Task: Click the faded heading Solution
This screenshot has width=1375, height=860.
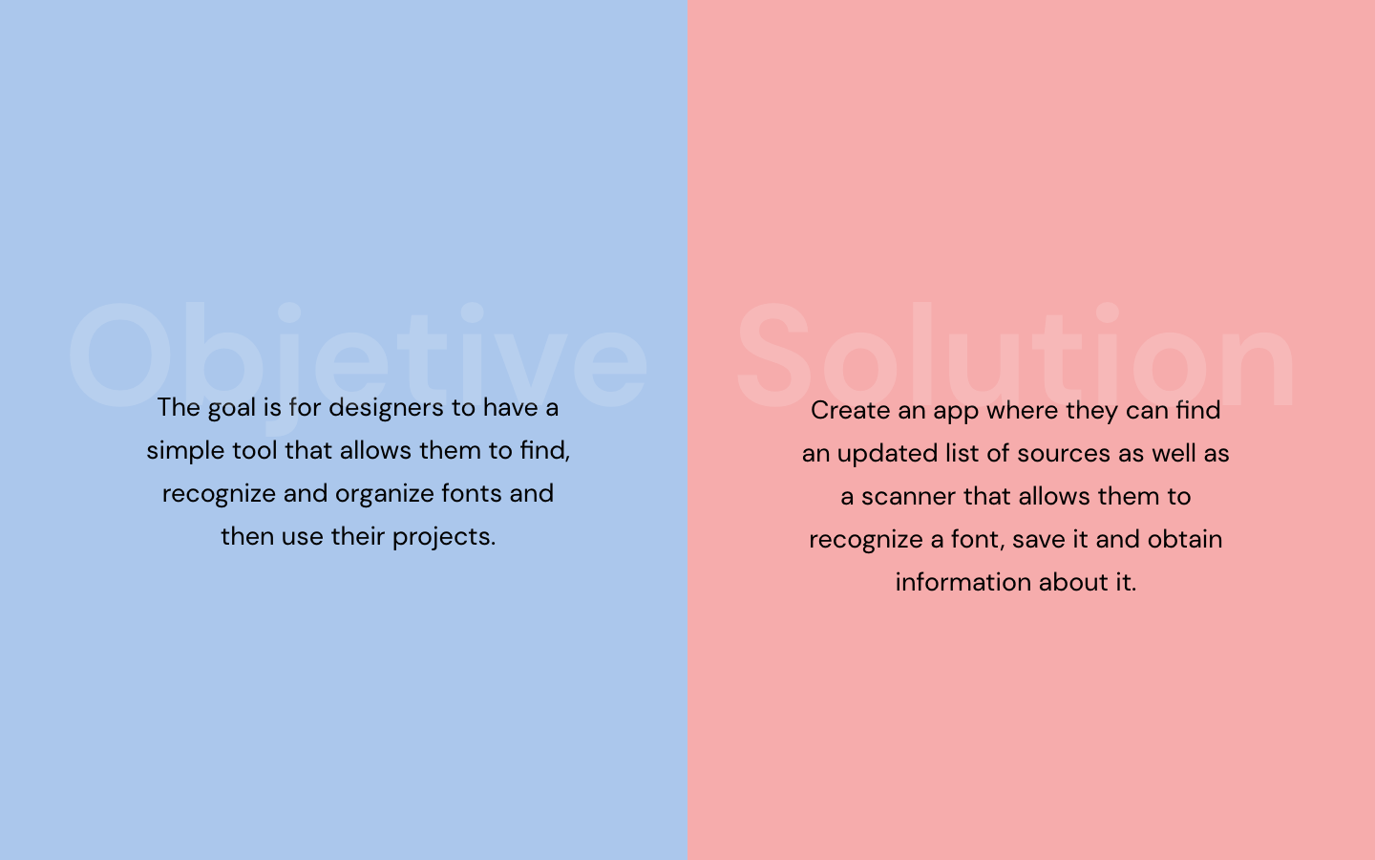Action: click(1016, 355)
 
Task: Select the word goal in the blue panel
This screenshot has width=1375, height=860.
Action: click(231, 409)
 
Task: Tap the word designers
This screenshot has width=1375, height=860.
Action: click(386, 408)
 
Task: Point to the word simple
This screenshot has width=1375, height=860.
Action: click(185, 452)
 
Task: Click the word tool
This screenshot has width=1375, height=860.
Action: click(255, 451)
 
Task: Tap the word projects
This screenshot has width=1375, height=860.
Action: click(444, 538)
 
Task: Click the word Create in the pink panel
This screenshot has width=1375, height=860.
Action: click(851, 410)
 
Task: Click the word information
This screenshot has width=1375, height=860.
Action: click(963, 582)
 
